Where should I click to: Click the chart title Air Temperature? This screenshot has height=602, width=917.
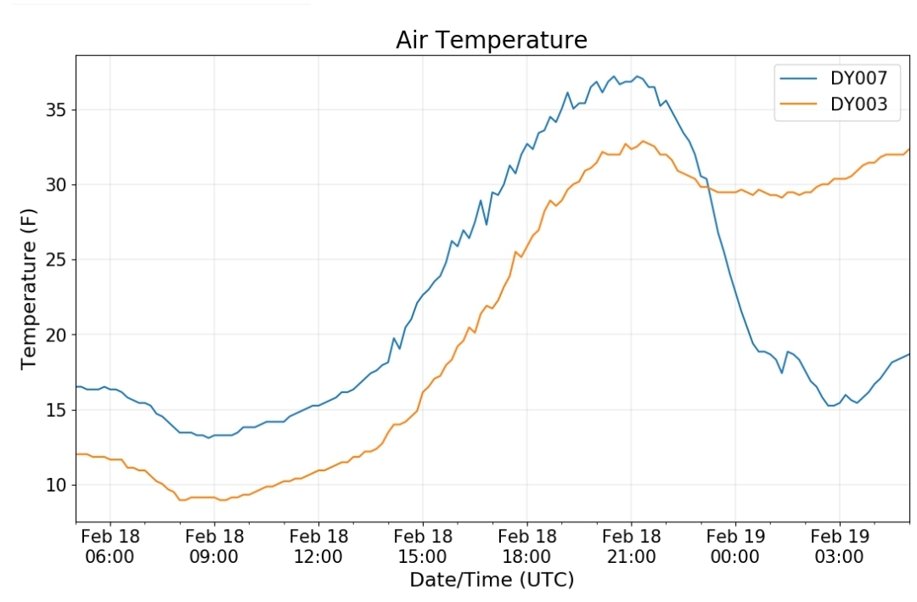[492, 41]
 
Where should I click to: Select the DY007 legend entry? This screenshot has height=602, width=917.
[834, 78]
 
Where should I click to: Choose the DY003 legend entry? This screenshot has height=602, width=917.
[834, 104]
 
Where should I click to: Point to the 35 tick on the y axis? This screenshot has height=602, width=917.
[56, 110]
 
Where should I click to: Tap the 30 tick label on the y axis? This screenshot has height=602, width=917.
[56, 185]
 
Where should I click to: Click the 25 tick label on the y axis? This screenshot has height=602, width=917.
[56, 260]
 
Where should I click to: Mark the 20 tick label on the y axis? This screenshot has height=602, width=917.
[56, 335]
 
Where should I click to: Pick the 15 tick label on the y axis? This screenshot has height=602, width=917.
[56, 410]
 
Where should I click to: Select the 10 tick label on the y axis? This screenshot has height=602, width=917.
[56, 485]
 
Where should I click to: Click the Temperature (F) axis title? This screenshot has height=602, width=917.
[28, 289]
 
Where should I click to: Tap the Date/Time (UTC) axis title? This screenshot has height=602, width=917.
[492, 580]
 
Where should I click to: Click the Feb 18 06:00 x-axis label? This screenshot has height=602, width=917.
[110, 547]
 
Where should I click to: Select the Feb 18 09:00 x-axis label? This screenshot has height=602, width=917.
[214, 547]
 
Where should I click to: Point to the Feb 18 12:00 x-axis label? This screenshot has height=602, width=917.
[318, 547]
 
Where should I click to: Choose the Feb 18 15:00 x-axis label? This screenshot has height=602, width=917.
[423, 547]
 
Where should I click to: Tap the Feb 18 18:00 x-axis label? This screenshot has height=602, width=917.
[527, 547]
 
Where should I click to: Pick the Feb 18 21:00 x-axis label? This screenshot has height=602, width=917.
[631, 547]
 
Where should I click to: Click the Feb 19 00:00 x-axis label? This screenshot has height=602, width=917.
[735, 547]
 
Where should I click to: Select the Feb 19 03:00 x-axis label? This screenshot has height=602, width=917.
[840, 547]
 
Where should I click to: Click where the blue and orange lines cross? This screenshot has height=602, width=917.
[707, 187]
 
